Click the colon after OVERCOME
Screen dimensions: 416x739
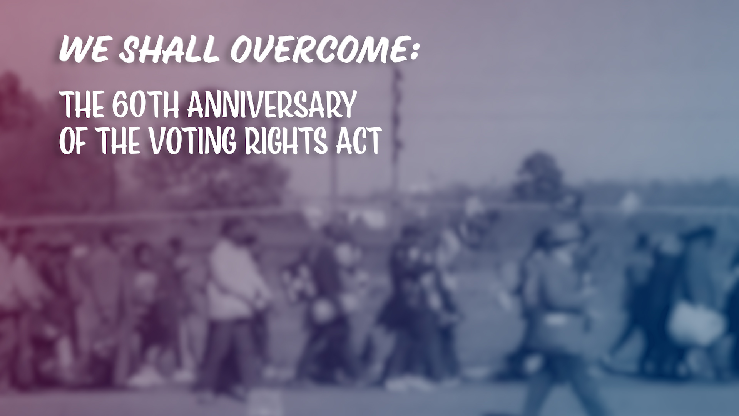(414, 52)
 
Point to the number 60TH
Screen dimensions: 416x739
(145, 104)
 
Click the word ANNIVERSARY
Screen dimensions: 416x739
(272, 104)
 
